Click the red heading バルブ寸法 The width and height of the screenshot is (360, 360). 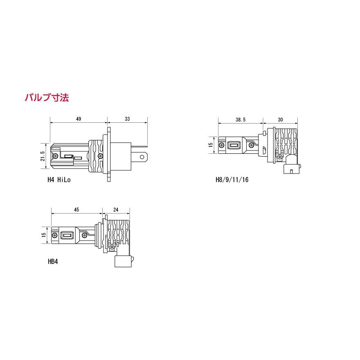(x=47, y=98)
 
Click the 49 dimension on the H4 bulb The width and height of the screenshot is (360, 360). (x=79, y=119)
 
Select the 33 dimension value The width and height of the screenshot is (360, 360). (x=127, y=119)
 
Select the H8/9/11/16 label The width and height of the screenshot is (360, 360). (x=232, y=179)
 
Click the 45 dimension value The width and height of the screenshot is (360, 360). (x=76, y=209)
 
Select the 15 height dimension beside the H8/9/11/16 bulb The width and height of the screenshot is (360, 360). (x=211, y=145)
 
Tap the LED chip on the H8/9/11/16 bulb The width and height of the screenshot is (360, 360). (x=234, y=145)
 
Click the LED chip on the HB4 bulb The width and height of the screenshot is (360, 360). (x=66, y=235)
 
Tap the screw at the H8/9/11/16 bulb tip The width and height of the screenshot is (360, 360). (x=221, y=145)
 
